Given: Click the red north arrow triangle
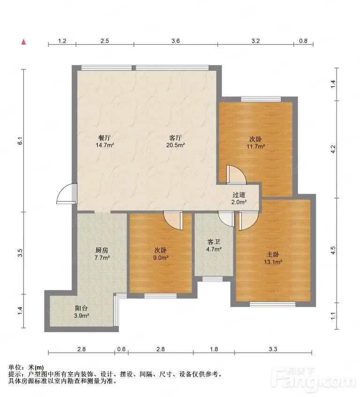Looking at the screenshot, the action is pyautogui.click(x=23, y=42).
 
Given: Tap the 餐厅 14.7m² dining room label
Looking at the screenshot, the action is pyautogui.click(x=105, y=141).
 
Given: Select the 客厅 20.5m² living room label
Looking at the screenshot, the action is pyautogui.click(x=175, y=141).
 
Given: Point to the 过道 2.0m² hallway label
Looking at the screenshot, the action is pyautogui.click(x=239, y=198).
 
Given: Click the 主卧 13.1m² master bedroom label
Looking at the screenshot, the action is pyautogui.click(x=273, y=258).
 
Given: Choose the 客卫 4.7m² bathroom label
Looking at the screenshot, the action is pyautogui.click(x=214, y=245).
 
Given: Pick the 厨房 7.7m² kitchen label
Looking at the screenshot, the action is pyautogui.click(x=102, y=254).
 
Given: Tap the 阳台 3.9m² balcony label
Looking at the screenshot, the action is pyautogui.click(x=81, y=312).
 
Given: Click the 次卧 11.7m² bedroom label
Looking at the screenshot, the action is pyautogui.click(x=256, y=143).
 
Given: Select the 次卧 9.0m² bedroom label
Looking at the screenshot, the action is pyautogui.click(x=161, y=254).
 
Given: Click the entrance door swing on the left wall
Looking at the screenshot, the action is pyautogui.click(x=67, y=194).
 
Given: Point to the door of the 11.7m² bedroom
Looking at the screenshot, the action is pyautogui.click(x=236, y=174).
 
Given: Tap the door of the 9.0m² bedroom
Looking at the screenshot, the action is pyautogui.click(x=173, y=220).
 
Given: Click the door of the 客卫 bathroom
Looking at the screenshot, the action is pyautogui.click(x=226, y=219).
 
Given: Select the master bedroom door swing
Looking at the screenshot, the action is pyautogui.click(x=248, y=220).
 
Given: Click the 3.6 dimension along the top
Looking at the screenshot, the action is pyautogui.click(x=176, y=41).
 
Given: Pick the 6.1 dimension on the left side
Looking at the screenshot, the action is pyautogui.click(x=21, y=141).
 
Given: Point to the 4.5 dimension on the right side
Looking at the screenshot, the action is pyautogui.click(x=333, y=250).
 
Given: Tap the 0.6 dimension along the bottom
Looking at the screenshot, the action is pyautogui.click(x=122, y=349).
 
